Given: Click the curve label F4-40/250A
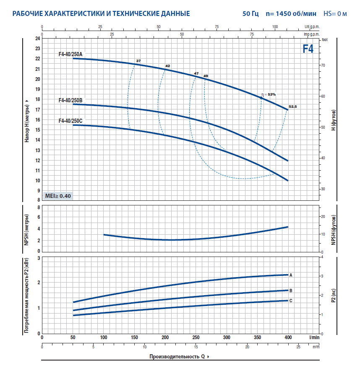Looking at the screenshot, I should (x=71, y=54).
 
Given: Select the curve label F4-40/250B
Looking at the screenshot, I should (x=71, y=100).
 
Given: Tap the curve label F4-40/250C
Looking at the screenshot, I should (x=71, y=121).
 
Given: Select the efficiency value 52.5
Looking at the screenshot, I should (x=292, y=106).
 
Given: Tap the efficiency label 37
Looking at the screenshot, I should (x=138, y=61).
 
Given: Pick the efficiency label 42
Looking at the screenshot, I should (x=167, y=66).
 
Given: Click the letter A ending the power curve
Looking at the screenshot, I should (x=291, y=275).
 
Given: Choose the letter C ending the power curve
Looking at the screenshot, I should (x=291, y=301).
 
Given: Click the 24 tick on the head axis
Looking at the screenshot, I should (x=37, y=39).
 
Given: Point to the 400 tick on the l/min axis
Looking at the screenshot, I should (x=288, y=337).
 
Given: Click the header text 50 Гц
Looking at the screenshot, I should (x=250, y=14).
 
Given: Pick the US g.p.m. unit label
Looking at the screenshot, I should (x=312, y=26).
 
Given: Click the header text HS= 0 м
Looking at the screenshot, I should (x=335, y=14).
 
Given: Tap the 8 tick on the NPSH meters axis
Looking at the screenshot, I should (x=39, y=207).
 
